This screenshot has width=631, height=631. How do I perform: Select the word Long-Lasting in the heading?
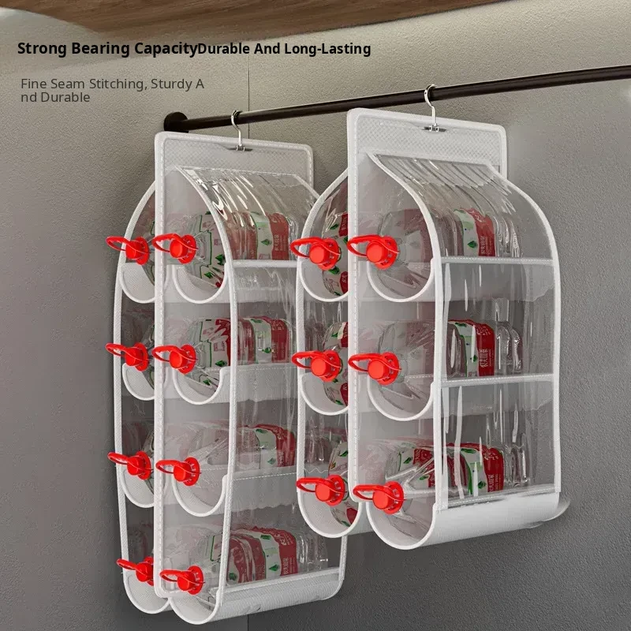coord(327,49)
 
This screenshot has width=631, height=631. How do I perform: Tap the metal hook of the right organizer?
coord(432,108)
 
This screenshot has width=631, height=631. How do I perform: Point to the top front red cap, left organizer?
coord(176,248)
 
